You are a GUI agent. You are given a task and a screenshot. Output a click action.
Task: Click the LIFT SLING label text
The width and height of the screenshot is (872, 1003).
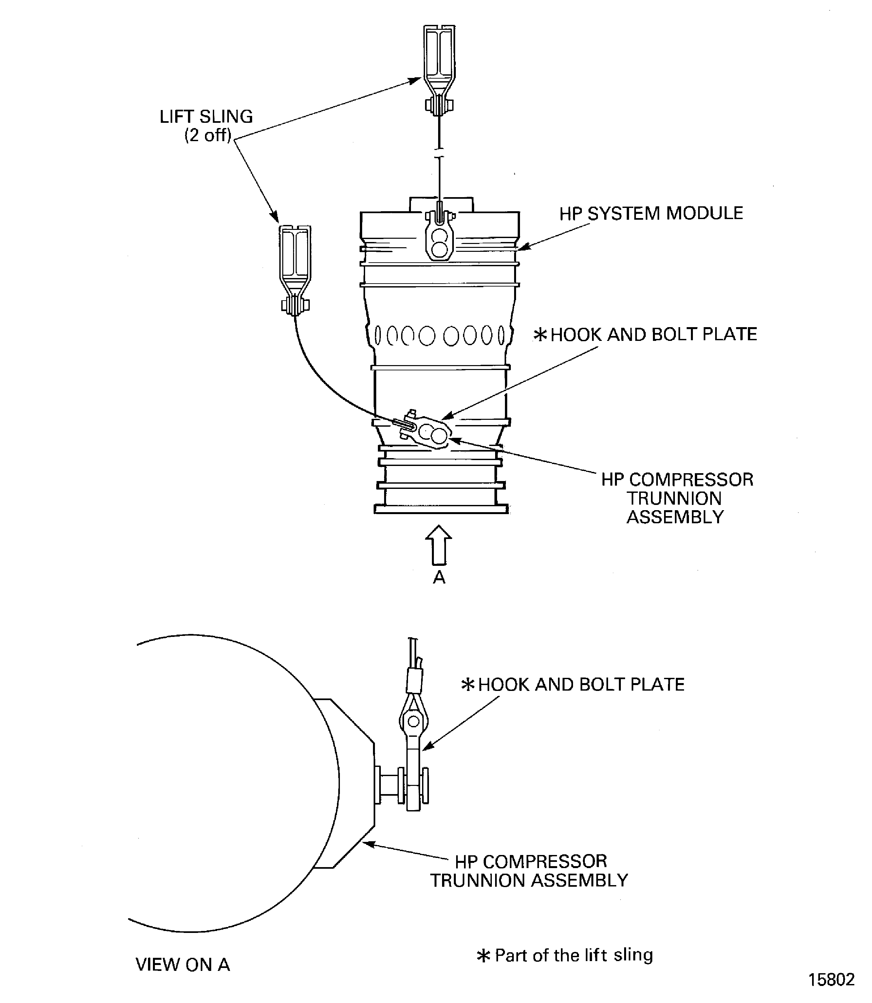206,117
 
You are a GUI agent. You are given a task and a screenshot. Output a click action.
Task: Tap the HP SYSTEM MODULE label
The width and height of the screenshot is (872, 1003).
651,213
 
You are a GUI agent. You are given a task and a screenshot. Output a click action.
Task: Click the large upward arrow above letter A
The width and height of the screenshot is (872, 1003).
438,545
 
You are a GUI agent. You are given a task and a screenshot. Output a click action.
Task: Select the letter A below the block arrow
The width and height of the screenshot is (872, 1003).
439,578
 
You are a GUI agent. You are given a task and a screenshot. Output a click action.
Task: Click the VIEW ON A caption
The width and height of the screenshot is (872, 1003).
182,965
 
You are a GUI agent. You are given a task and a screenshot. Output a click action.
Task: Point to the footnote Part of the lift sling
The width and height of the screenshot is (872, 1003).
573,955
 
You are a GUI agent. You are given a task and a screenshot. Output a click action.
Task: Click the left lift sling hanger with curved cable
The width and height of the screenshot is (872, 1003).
295,268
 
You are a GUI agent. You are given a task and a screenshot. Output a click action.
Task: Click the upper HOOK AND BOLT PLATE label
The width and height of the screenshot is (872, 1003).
653,334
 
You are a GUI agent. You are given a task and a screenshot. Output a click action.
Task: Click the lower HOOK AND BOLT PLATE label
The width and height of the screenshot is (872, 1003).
581,685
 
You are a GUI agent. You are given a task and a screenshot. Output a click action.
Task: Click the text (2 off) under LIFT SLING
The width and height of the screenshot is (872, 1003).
207,135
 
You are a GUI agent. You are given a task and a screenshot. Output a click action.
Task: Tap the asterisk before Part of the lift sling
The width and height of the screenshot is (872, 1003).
483,956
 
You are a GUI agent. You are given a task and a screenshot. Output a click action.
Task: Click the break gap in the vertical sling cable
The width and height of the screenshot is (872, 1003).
439,152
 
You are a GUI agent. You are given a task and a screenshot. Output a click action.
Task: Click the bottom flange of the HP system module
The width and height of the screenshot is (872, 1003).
441,509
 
